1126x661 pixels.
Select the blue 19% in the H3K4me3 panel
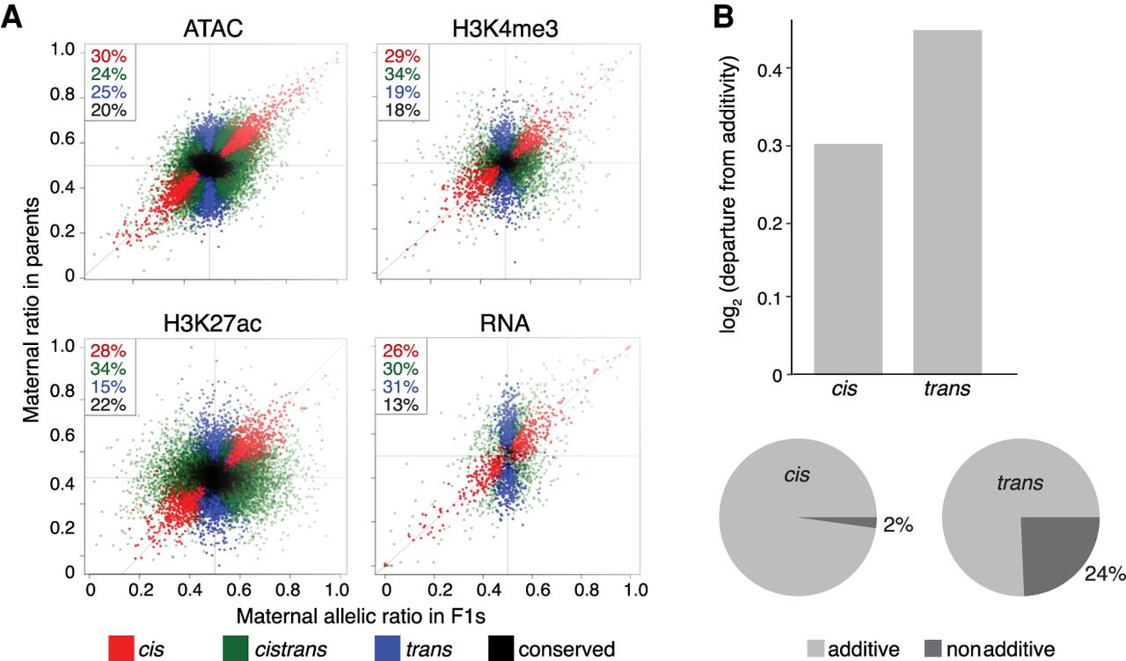pyautogui.click(x=402, y=92)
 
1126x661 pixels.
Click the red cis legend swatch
pyautogui.click(x=121, y=649)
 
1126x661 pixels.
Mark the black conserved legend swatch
pyautogui.click(x=501, y=649)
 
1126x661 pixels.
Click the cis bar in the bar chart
pyautogui.click(x=847, y=259)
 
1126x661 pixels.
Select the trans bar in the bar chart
pyautogui.click(x=947, y=202)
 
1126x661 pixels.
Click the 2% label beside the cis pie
pyautogui.click(x=899, y=526)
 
